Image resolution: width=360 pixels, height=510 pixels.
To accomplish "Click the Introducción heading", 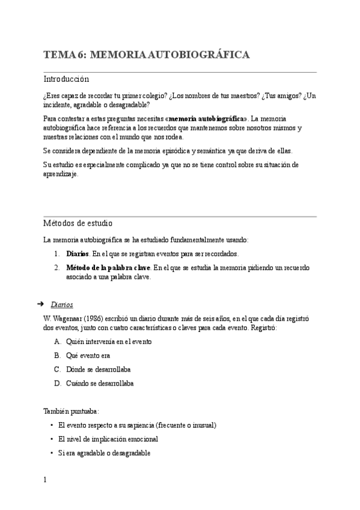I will (66, 79).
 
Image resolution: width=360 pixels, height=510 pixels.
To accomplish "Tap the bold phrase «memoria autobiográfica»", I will (206, 118).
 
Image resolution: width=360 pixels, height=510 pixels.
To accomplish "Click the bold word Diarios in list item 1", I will (77, 254).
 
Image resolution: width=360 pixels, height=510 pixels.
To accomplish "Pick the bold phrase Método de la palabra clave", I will (108, 268).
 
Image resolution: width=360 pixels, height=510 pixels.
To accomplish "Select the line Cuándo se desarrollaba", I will (100, 383).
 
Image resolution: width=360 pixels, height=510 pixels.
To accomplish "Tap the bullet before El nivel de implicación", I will (53, 439).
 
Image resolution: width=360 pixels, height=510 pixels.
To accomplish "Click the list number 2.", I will (56, 268).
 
